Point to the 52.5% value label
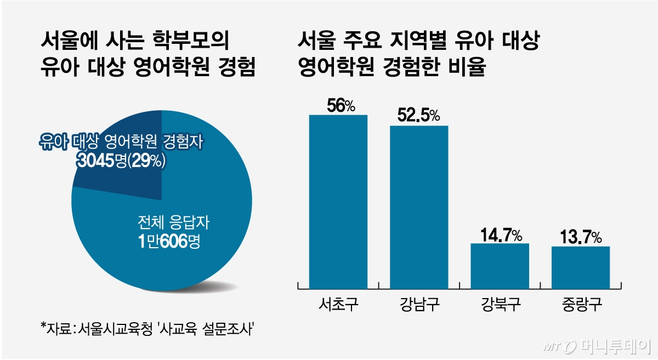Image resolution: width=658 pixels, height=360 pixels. tap(419, 116)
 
